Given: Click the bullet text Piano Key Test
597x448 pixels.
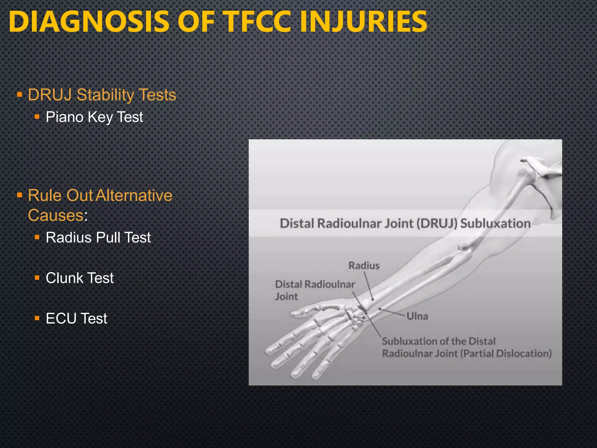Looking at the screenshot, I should [x=94, y=117].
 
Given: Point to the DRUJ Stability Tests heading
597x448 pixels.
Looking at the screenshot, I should [x=102, y=95].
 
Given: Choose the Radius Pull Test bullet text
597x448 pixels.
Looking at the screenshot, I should [x=98, y=237].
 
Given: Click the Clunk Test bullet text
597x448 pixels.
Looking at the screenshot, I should [x=80, y=278].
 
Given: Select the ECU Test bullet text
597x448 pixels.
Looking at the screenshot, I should [x=76, y=318].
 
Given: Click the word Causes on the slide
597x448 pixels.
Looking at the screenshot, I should [x=56, y=215].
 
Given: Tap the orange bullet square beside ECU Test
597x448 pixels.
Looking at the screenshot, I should [x=37, y=318].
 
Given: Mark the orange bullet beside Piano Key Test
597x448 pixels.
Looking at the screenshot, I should [x=37, y=117].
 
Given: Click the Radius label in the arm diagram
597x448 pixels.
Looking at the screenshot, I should [x=364, y=266].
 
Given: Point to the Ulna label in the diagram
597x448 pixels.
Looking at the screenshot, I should [x=417, y=316].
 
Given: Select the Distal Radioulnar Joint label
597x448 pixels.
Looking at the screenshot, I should [x=315, y=290].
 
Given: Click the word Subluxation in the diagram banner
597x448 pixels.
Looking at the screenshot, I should [x=495, y=223].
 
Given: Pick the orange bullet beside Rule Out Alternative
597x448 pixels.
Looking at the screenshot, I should [x=20, y=195].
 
